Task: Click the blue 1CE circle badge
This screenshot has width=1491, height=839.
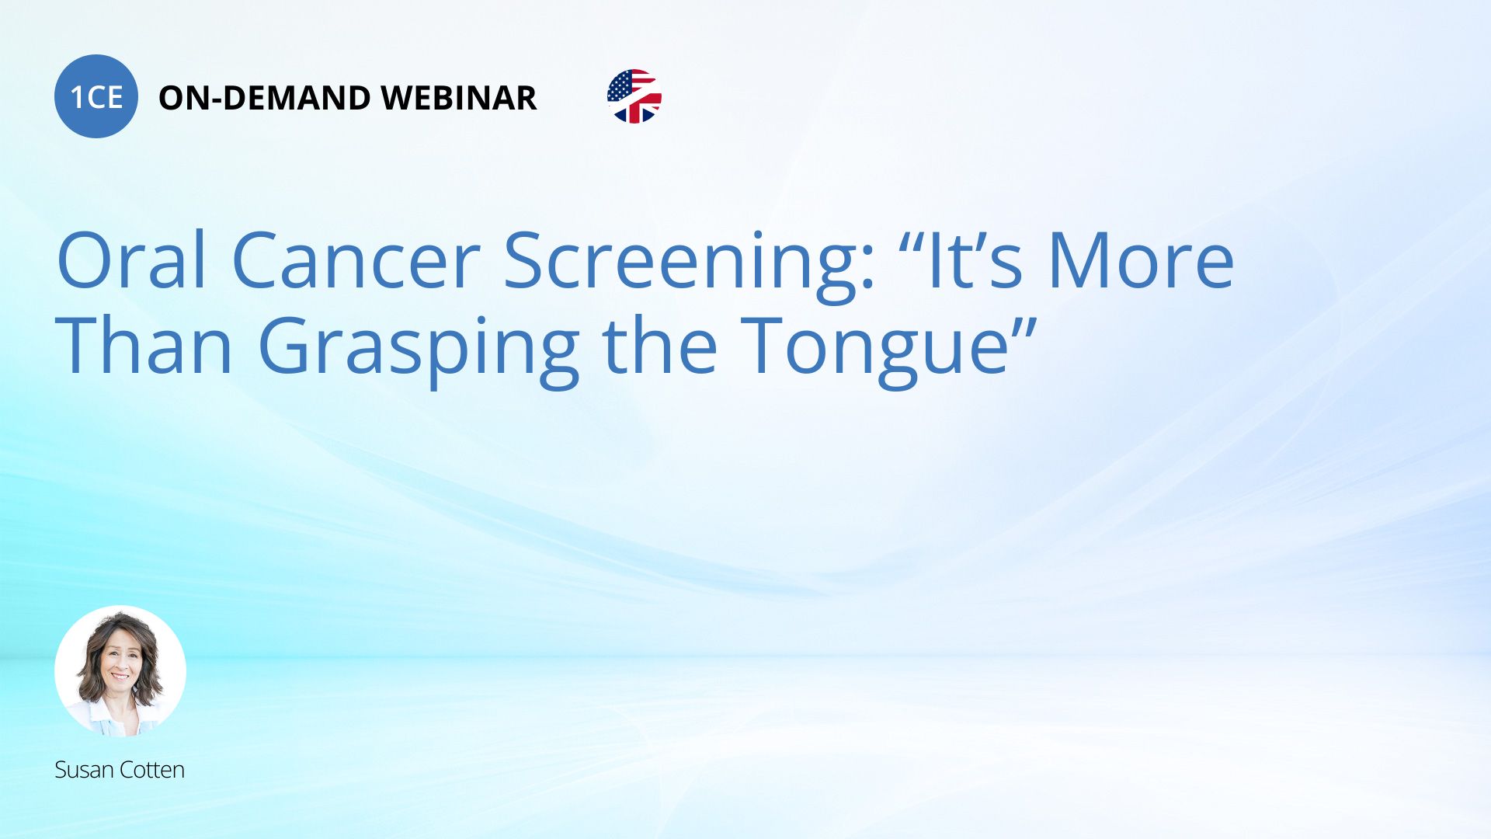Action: click(96, 96)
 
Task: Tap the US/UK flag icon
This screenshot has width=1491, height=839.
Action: click(634, 96)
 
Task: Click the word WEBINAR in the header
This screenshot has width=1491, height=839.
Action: click(459, 98)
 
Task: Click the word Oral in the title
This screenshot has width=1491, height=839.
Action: click(131, 260)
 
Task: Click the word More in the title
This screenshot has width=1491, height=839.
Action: click(1141, 260)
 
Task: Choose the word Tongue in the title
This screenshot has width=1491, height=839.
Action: click(874, 350)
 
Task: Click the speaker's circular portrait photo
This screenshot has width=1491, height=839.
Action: click(120, 671)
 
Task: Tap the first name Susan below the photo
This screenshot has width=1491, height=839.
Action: click(85, 770)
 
